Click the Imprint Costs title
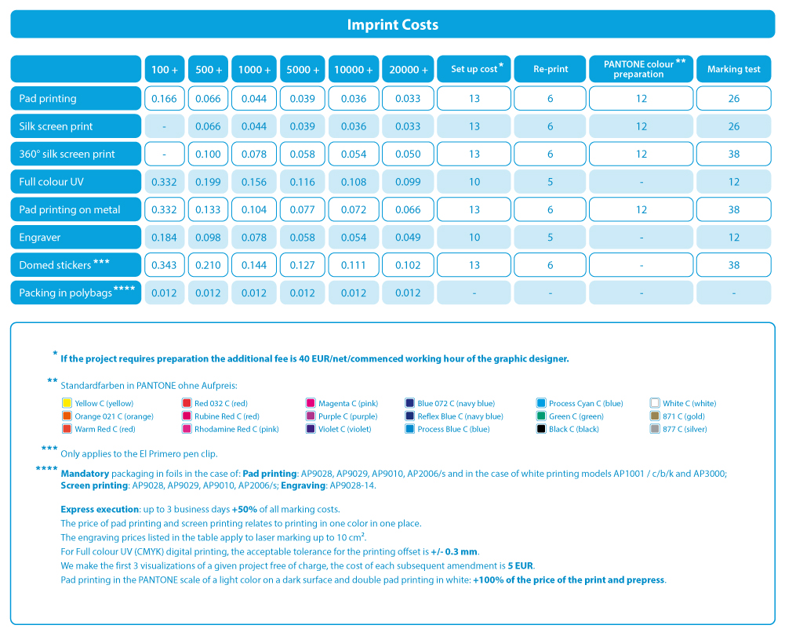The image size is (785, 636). tap(392, 24)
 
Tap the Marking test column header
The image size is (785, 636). tap(733, 68)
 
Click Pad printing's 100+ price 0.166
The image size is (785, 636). tap(164, 99)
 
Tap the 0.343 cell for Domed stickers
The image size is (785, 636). tap(164, 265)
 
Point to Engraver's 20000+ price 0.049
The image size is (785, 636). tap(408, 238)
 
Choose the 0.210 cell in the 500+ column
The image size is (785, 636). tap(208, 265)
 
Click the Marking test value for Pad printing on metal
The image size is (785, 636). tap(733, 210)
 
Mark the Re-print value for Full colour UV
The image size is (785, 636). tap(550, 182)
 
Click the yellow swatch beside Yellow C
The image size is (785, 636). tap(67, 403)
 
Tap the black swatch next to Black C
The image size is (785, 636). tap(540, 429)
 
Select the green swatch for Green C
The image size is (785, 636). tap(540, 416)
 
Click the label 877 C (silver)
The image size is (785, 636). tap(685, 429)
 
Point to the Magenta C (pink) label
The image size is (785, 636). tap(348, 404)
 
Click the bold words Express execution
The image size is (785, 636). tap(100, 509)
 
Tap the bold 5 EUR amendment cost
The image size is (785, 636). tap(521, 566)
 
